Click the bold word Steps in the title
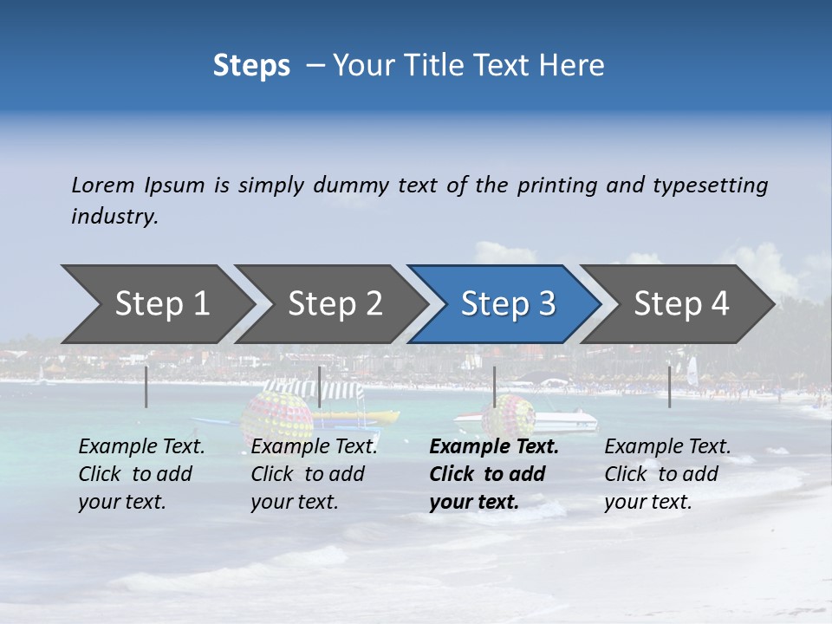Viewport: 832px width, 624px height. click(x=251, y=66)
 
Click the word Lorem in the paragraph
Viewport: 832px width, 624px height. click(x=103, y=185)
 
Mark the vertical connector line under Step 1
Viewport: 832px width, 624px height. click(x=146, y=387)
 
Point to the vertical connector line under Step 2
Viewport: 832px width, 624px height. click(x=320, y=387)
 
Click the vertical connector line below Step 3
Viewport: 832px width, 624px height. click(x=494, y=387)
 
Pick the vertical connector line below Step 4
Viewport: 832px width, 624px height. click(x=669, y=387)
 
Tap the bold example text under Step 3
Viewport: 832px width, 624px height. click(x=493, y=474)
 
